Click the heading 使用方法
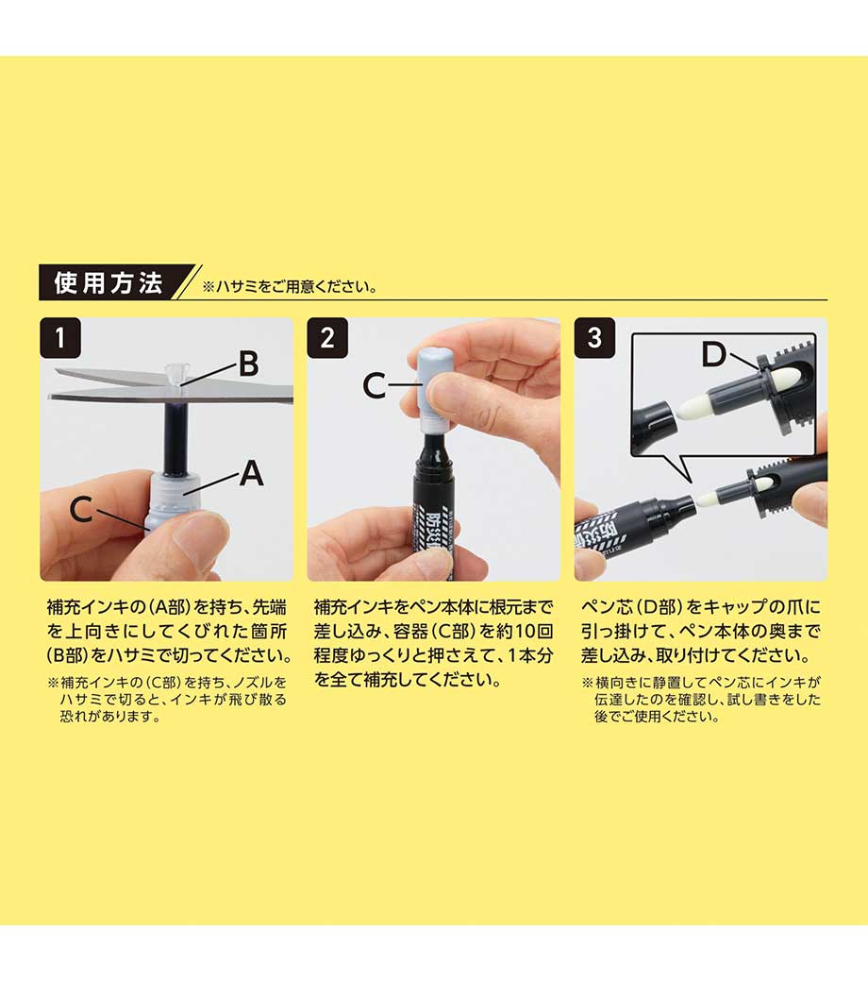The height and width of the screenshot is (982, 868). coord(108,283)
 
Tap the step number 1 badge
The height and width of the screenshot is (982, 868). coord(60,338)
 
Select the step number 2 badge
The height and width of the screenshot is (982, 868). coord(327,338)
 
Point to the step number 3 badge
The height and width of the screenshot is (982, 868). coord(594,338)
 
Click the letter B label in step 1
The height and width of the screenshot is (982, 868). coord(248,364)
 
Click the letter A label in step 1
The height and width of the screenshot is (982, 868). coord(252,473)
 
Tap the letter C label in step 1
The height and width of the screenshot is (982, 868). coord(81,509)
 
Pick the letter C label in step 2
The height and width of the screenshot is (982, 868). coord(375,385)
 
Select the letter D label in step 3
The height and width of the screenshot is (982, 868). coord(713,354)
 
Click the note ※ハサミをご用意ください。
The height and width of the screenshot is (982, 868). coord(290,287)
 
